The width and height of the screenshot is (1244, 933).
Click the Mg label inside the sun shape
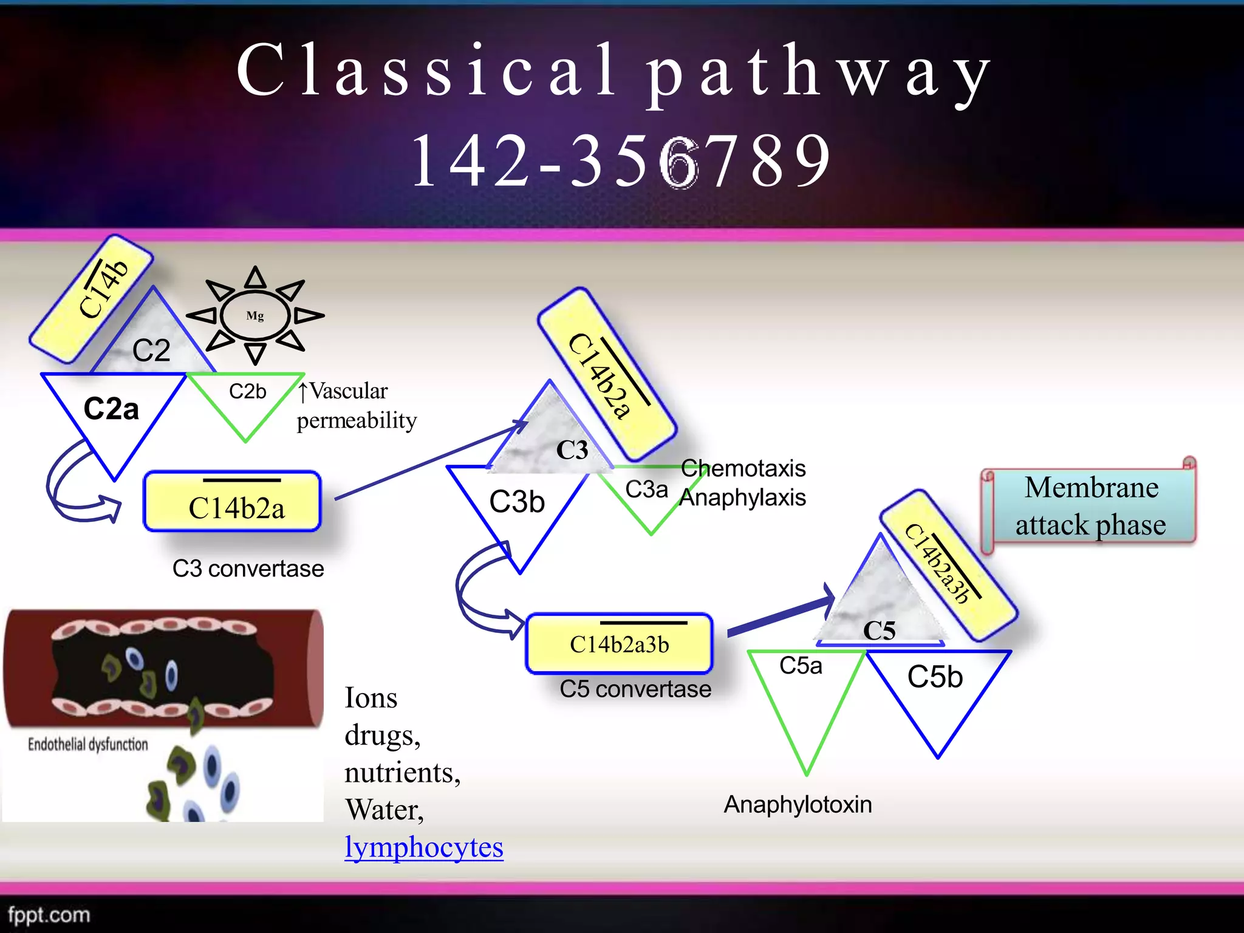coord(255,316)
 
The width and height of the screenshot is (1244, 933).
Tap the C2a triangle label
coord(111,409)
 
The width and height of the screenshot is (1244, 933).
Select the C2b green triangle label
coord(247,391)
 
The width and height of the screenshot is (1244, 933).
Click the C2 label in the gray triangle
coord(151,350)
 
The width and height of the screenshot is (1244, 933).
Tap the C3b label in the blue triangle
coord(517,502)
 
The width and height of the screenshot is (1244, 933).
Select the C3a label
coord(646,490)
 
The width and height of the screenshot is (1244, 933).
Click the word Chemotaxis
coord(743,468)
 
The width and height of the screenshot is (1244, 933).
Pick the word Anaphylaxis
coord(742,498)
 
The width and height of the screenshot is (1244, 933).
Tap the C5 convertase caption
coord(635,689)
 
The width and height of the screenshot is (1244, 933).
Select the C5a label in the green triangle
coord(801,666)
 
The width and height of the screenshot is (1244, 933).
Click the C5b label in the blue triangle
coord(935,677)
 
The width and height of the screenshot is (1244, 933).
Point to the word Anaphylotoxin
coord(798,805)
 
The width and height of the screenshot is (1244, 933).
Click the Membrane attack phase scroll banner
coord(1091,506)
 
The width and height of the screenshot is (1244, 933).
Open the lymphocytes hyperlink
coord(424,847)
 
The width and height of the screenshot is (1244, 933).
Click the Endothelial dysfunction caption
coord(88,744)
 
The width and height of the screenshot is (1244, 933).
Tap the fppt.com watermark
coord(49,915)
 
